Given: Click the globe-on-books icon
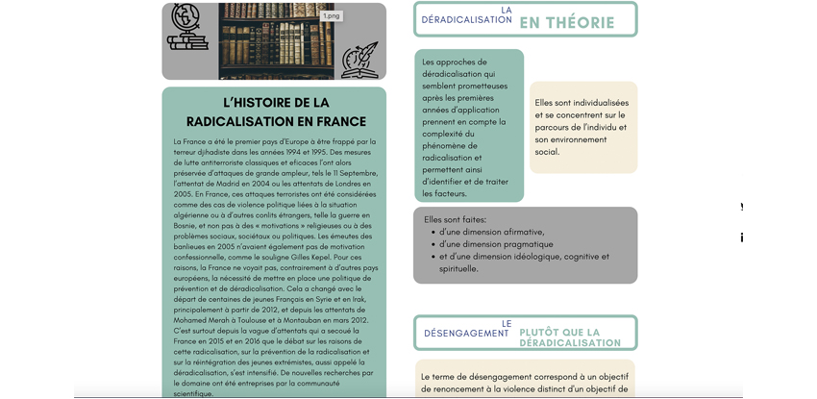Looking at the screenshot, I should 187,28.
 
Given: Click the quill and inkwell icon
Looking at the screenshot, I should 359,61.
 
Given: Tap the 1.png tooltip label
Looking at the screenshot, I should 331,16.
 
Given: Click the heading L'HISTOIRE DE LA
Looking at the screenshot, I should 276,103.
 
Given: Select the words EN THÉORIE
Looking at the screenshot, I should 566,23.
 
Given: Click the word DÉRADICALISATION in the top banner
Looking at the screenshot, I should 466,20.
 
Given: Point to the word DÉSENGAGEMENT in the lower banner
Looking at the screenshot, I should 466,334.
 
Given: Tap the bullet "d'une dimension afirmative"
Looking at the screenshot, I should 491,232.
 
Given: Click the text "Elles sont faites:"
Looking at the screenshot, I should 455,219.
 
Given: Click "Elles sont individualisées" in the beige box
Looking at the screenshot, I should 582,103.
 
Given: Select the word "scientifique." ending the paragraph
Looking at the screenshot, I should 193,393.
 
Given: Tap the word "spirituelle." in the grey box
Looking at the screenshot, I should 459,269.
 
